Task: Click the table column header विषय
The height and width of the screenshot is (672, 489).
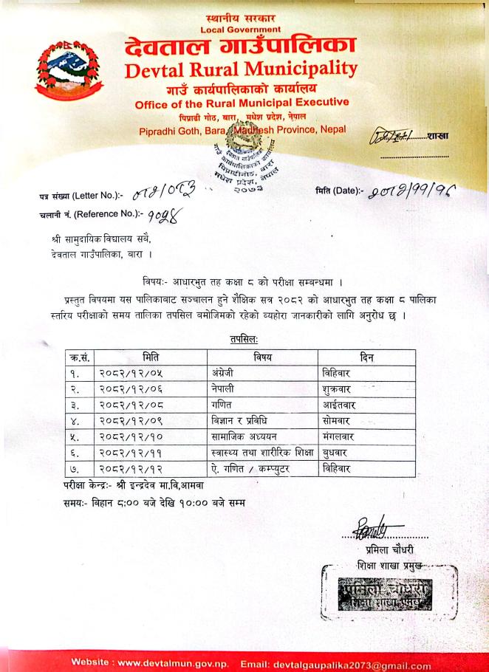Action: (x=262, y=357)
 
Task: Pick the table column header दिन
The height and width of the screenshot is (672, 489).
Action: (x=366, y=357)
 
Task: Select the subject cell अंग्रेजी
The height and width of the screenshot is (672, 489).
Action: (x=224, y=373)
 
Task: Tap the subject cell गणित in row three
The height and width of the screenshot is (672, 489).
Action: (x=221, y=405)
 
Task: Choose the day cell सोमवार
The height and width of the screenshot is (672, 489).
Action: (x=338, y=420)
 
